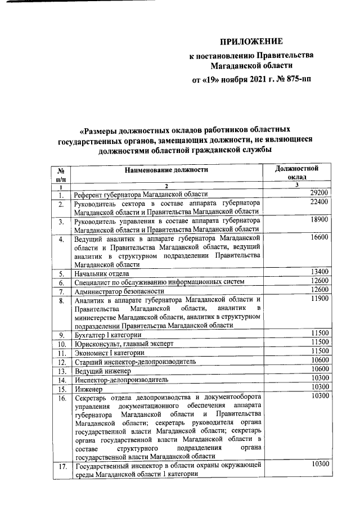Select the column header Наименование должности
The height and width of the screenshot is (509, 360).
(166, 169)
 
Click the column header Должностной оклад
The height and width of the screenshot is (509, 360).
(297, 172)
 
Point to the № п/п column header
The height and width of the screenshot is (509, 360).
(60, 173)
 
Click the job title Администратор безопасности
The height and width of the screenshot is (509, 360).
(119, 291)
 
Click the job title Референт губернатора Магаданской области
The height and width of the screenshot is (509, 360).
(141, 195)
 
